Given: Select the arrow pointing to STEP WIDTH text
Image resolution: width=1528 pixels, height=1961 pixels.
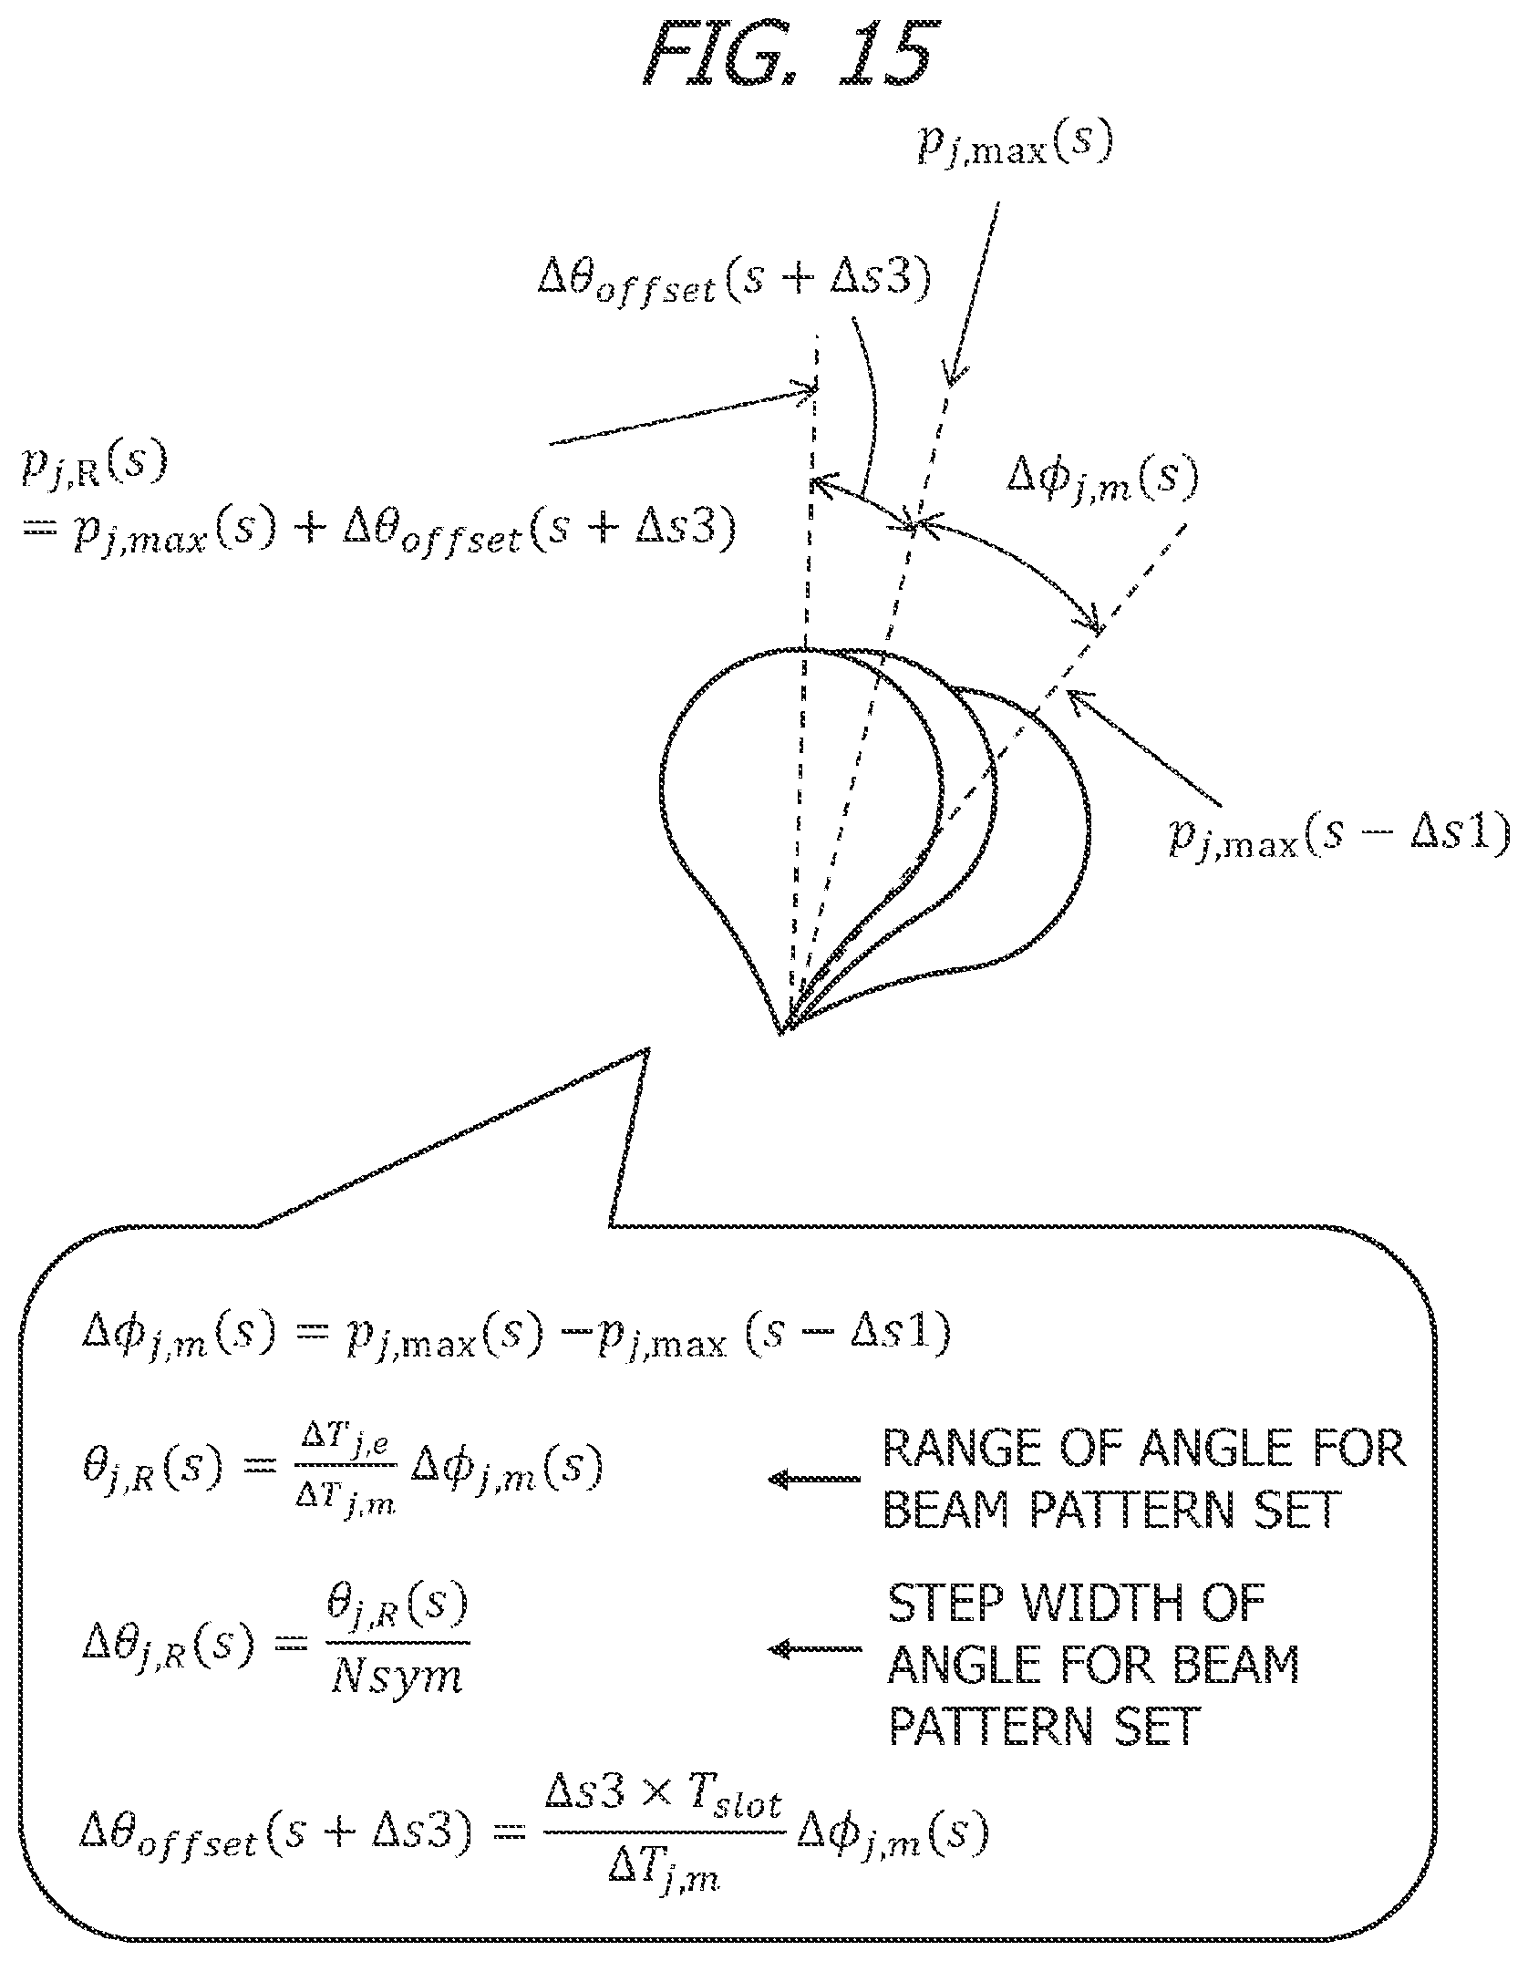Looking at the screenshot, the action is coord(814,1648).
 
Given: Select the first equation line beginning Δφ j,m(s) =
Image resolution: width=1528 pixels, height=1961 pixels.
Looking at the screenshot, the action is coord(515,1337).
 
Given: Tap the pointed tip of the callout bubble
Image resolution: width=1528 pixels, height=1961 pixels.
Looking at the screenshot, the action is coord(648,1048).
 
